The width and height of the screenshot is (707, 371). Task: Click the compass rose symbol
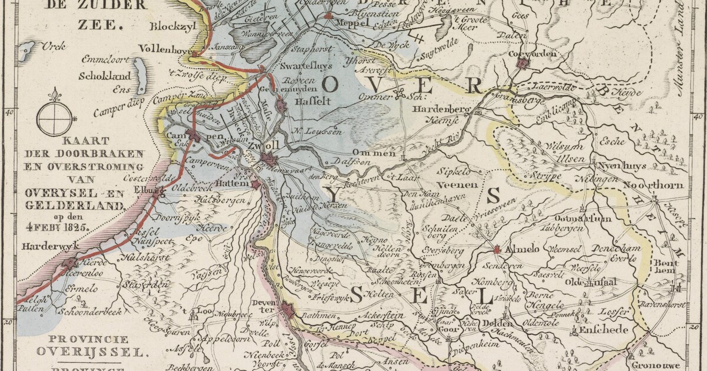(54, 116)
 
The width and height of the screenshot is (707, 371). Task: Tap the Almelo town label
(521, 250)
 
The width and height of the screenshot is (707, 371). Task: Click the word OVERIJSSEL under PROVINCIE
(90, 352)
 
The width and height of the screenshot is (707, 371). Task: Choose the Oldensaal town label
(591, 283)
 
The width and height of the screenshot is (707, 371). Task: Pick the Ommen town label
(379, 154)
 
